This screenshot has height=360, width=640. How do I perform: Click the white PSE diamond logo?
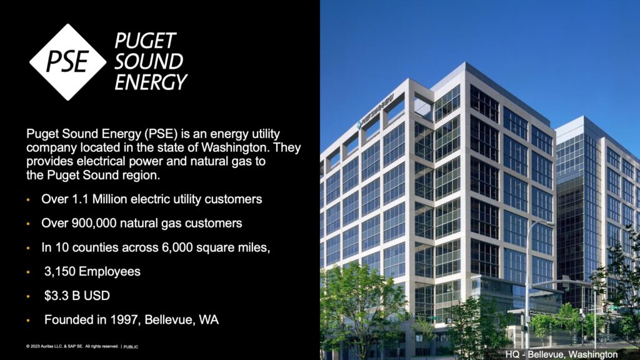tap(67, 62)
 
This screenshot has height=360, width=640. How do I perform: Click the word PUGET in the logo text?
tap(145, 41)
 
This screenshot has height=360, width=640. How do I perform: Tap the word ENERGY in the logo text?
tap(151, 82)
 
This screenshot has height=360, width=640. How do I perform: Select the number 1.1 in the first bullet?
tap(81, 199)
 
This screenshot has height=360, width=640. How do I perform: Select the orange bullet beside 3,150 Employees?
tap(28, 272)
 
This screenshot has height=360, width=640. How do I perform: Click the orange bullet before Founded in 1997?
tap(28, 321)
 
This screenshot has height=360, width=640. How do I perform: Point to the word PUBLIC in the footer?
tap(131, 346)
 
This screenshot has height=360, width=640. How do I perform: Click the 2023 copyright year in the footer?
tap(33, 346)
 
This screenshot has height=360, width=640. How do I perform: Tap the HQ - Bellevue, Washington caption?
tap(561, 354)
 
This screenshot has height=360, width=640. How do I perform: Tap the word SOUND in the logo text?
tap(149, 62)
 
